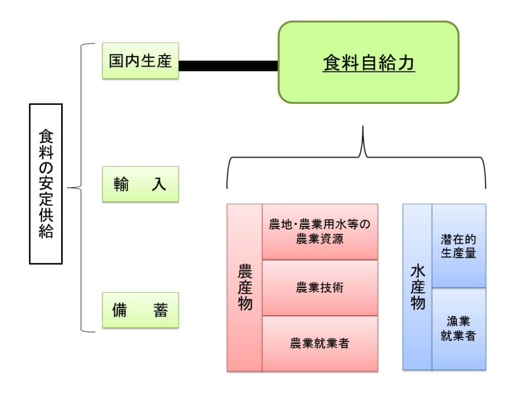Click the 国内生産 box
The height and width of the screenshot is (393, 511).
(x=140, y=61)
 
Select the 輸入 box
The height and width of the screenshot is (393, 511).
(x=140, y=184)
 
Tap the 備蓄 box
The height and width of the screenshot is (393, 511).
(x=140, y=310)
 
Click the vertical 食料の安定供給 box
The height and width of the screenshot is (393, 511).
(x=46, y=184)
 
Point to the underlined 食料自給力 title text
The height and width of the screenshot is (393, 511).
(x=369, y=63)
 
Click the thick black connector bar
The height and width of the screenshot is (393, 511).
(x=228, y=65)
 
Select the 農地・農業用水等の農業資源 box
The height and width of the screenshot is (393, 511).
(x=320, y=232)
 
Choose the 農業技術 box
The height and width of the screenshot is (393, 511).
(x=320, y=288)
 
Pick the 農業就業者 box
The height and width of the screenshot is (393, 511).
(x=320, y=344)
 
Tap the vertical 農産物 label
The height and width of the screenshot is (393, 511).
(x=245, y=288)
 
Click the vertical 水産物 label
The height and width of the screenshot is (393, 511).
(x=417, y=287)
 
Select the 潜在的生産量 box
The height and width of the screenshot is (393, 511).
(x=459, y=246)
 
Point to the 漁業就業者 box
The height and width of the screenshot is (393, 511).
(x=459, y=329)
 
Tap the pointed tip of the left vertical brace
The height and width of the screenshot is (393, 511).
(x=67, y=188)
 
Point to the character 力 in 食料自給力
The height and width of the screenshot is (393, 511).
(x=406, y=63)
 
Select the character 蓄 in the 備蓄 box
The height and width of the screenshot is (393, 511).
(x=161, y=310)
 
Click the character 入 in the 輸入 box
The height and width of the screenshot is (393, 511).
(x=159, y=184)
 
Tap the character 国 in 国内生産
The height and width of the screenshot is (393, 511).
(x=116, y=61)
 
